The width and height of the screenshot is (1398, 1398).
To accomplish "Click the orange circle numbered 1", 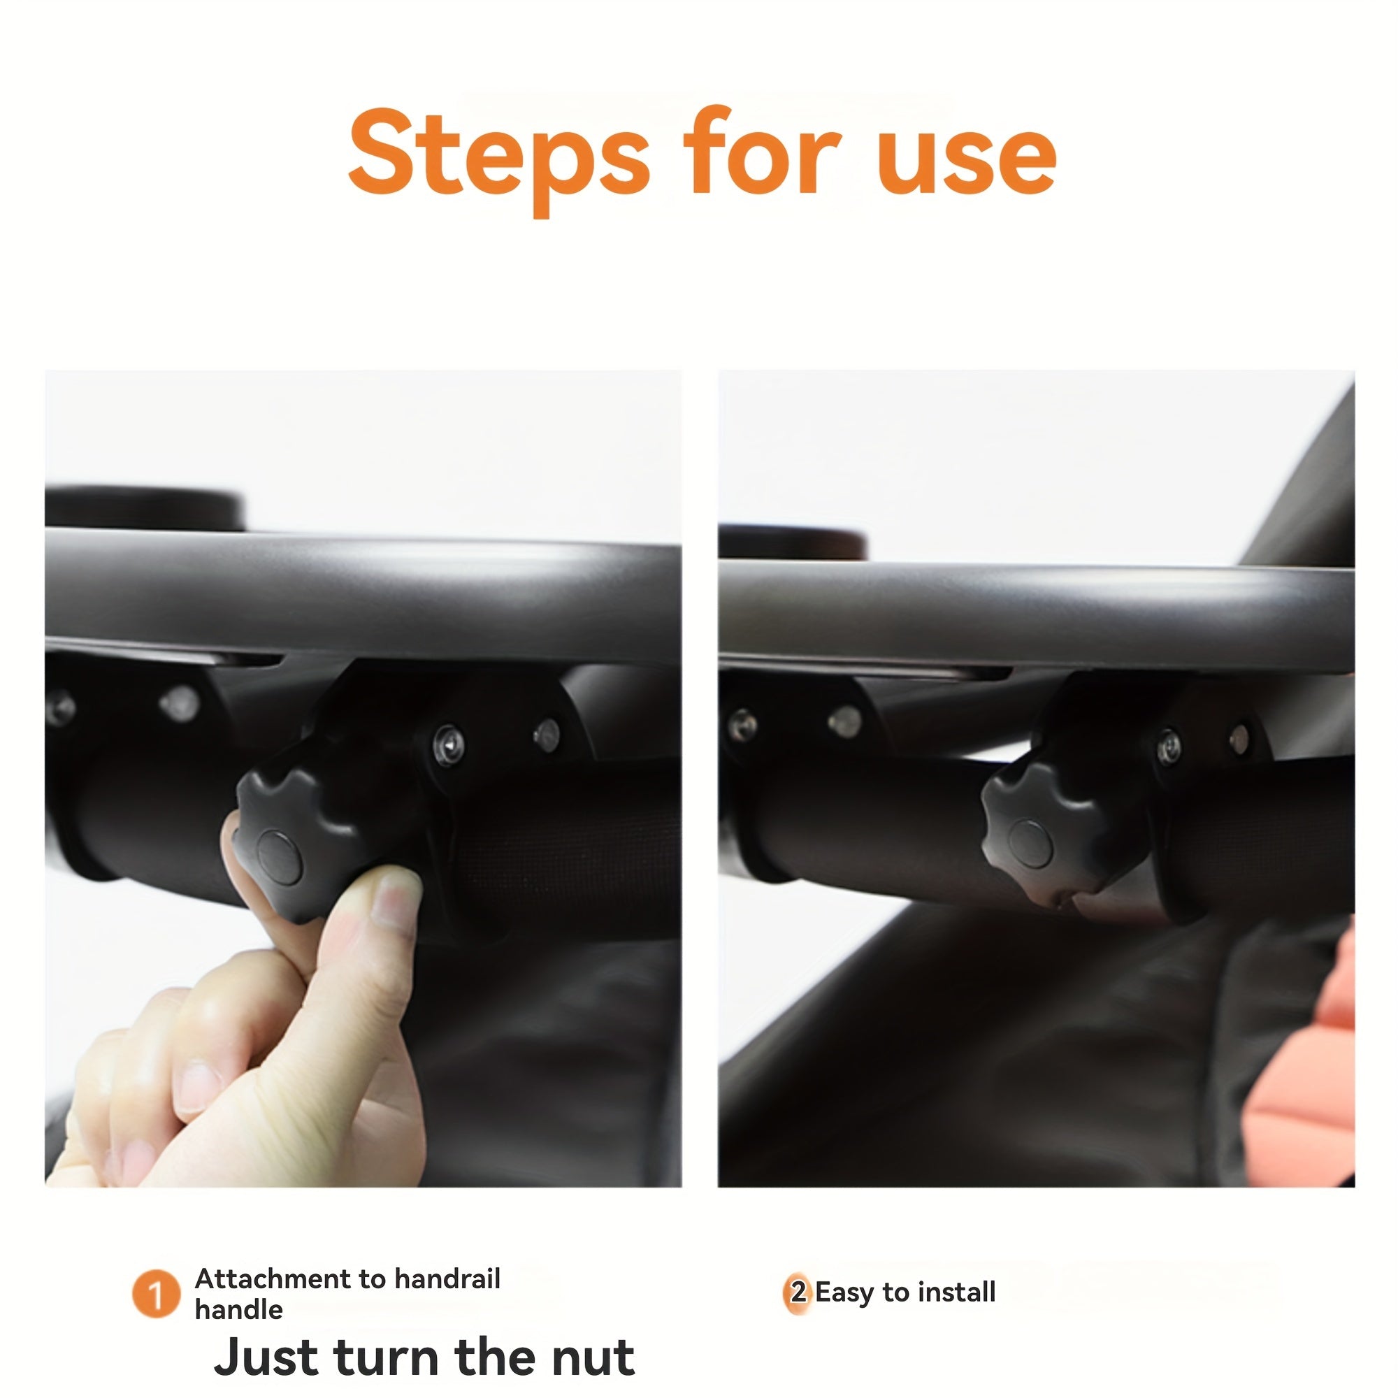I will tap(155, 1294).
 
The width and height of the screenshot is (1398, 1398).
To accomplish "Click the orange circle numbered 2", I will tap(798, 1292).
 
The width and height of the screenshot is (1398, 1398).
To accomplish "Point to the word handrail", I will tap(447, 1278).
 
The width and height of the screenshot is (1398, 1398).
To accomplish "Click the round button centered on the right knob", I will tap(1030, 843).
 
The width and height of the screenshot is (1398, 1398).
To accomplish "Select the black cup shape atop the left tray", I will tap(145, 507).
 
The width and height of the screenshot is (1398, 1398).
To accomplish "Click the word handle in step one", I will tap(238, 1310).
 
